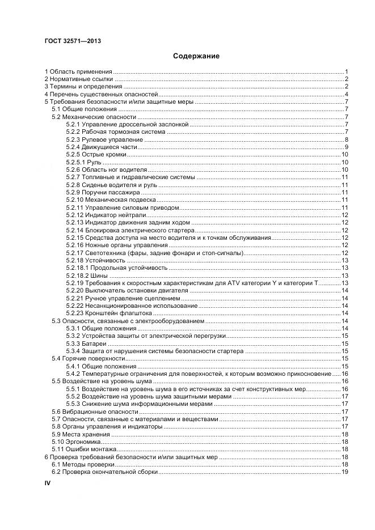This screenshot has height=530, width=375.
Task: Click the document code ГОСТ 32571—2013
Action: click(69, 40)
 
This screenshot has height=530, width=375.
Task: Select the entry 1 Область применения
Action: click(78, 72)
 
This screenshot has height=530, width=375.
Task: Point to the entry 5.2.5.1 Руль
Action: click(84, 162)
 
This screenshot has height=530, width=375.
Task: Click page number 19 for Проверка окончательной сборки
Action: click(344, 472)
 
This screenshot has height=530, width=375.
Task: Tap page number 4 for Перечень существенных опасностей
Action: click(346, 94)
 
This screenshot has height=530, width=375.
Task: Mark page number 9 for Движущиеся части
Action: click(346, 147)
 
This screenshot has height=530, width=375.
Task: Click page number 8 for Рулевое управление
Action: click(346, 139)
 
